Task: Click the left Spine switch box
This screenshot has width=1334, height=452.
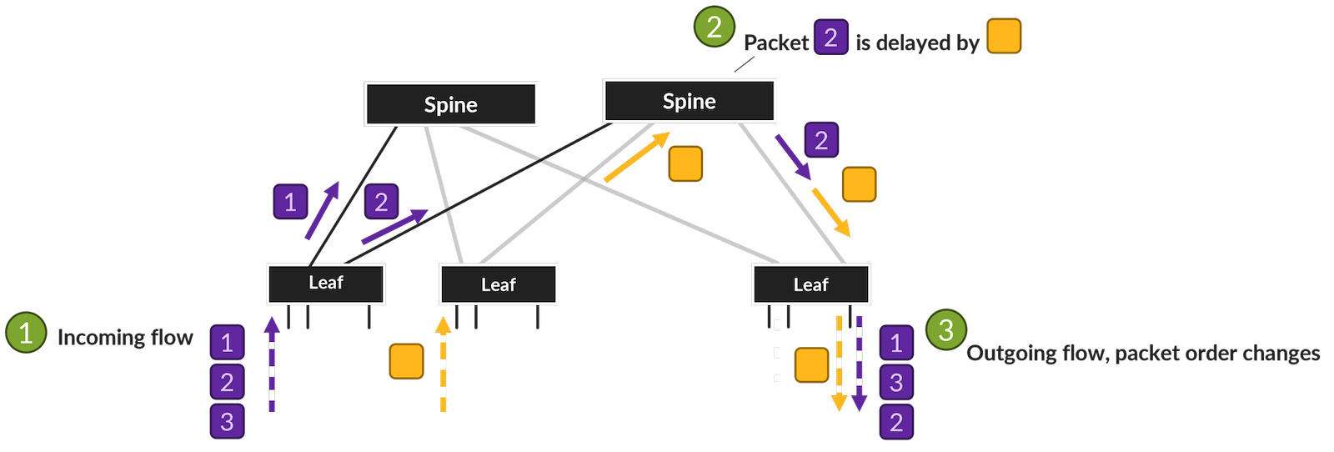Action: pos(451,104)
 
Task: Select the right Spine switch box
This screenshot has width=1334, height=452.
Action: pos(689,101)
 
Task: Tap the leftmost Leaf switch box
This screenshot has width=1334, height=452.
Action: pos(326,284)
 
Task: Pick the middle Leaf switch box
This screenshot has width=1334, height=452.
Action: pos(498,284)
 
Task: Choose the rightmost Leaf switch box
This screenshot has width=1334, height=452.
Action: pos(810,284)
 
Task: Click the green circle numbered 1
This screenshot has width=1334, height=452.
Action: pos(26,332)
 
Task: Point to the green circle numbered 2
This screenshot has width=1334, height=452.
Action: pos(714,27)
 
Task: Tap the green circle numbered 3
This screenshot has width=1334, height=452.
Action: pos(945,329)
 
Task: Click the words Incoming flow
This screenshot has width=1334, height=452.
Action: pos(125,337)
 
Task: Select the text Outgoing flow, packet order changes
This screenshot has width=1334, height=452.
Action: pos(1143,353)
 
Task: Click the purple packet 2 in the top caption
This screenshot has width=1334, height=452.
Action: pos(830,38)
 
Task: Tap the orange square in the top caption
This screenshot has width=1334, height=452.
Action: pos(1004,37)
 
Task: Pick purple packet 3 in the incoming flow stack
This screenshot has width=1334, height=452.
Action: pos(227,421)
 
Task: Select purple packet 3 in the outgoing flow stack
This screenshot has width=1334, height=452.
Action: pos(896,382)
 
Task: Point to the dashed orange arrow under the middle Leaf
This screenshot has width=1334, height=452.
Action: pos(443,364)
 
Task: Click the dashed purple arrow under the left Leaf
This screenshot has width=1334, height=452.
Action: pos(272,364)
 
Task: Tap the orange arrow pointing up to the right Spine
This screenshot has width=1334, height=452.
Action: pos(637,157)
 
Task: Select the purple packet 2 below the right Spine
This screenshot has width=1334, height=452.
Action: pos(821,140)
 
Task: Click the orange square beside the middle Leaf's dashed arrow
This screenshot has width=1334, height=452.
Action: pos(406,361)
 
